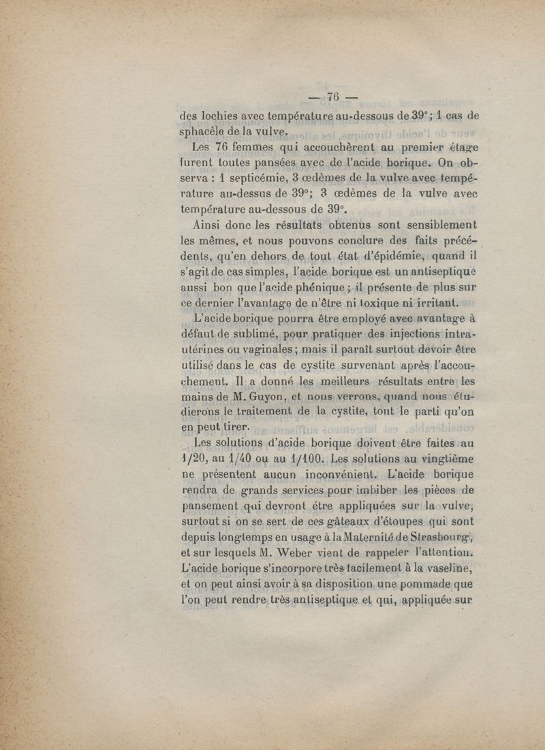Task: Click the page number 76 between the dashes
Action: coord(333,96)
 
